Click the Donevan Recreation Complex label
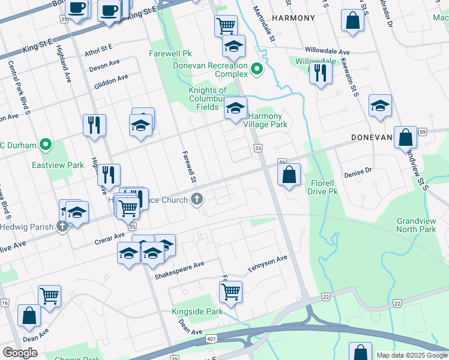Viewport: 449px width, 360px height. coord(211,70)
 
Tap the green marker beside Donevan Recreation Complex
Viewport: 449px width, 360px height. coord(258,70)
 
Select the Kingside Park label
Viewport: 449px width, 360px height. coord(197,311)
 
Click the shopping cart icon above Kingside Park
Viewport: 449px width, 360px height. coord(231,292)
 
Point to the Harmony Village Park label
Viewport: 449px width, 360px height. coord(265,120)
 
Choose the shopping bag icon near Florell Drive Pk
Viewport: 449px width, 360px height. coord(289,175)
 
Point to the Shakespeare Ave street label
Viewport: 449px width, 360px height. coord(179,269)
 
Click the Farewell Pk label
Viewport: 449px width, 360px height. coord(170,53)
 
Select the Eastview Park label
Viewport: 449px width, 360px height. coord(58,164)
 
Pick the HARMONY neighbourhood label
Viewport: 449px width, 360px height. coord(293,18)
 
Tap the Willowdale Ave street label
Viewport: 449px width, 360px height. coord(327,52)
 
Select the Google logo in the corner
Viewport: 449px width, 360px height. coord(20,353)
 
